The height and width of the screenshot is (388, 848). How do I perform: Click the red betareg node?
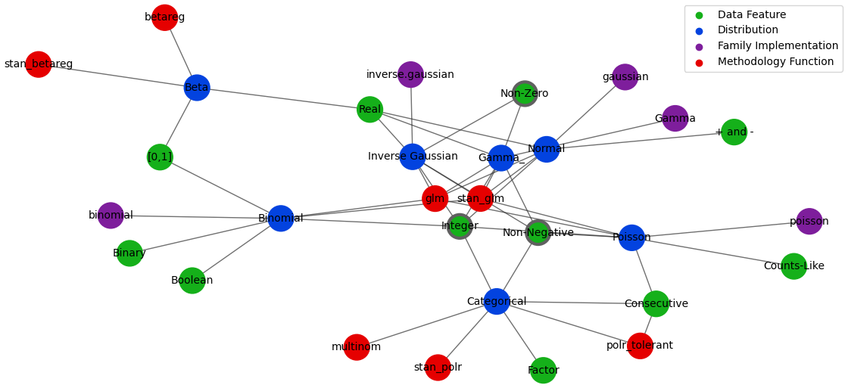coord(164,17)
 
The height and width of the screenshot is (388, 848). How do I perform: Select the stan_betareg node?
coord(38,64)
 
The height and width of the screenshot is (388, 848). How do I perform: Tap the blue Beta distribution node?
coord(196,88)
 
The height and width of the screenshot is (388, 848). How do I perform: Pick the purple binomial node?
coord(111,216)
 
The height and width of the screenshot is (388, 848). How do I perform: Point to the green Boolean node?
coord(192,281)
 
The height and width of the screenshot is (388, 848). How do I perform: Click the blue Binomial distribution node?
coord(280,219)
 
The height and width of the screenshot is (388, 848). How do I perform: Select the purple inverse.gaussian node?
coord(410,75)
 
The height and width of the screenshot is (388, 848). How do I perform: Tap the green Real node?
coord(369,110)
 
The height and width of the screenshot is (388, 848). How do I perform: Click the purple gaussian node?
coord(625,77)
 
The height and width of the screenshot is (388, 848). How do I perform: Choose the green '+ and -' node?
coord(734,132)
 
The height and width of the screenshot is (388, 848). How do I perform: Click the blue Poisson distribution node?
coord(631,237)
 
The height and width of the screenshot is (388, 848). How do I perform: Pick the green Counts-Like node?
coord(793,266)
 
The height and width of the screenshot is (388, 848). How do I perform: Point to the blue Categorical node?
coord(496,302)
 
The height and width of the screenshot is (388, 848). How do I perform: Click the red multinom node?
coord(357,347)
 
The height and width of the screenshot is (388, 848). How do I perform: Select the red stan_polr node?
coord(438,368)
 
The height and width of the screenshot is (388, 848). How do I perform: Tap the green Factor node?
coord(543,371)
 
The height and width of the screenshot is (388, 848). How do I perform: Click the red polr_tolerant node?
coord(640,346)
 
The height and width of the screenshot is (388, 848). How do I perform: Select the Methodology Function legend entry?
coord(775,62)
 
